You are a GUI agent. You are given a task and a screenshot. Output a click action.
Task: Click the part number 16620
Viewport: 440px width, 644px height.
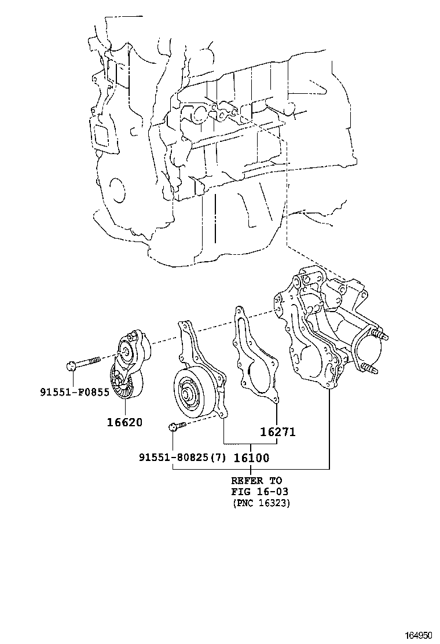tap(123, 423)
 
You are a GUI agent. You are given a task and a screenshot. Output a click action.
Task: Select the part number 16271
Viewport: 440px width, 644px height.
tap(278, 432)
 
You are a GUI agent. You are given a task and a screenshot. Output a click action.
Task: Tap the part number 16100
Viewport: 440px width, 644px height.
tap(251, 458)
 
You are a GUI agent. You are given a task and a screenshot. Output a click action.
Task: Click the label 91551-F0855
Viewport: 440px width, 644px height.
tap(75, 392)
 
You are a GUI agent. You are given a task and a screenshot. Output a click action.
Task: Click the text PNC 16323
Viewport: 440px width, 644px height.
tap(261, 503)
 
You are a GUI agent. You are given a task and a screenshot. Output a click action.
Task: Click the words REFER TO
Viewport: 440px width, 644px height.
tap(256, 481)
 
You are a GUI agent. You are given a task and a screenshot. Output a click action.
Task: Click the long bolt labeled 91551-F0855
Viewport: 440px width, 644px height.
tap(84, 364)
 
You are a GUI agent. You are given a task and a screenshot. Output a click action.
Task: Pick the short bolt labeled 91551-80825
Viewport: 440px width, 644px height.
tap(177, 427)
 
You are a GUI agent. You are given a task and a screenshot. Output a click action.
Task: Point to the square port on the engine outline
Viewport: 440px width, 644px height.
tap(101, 136)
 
